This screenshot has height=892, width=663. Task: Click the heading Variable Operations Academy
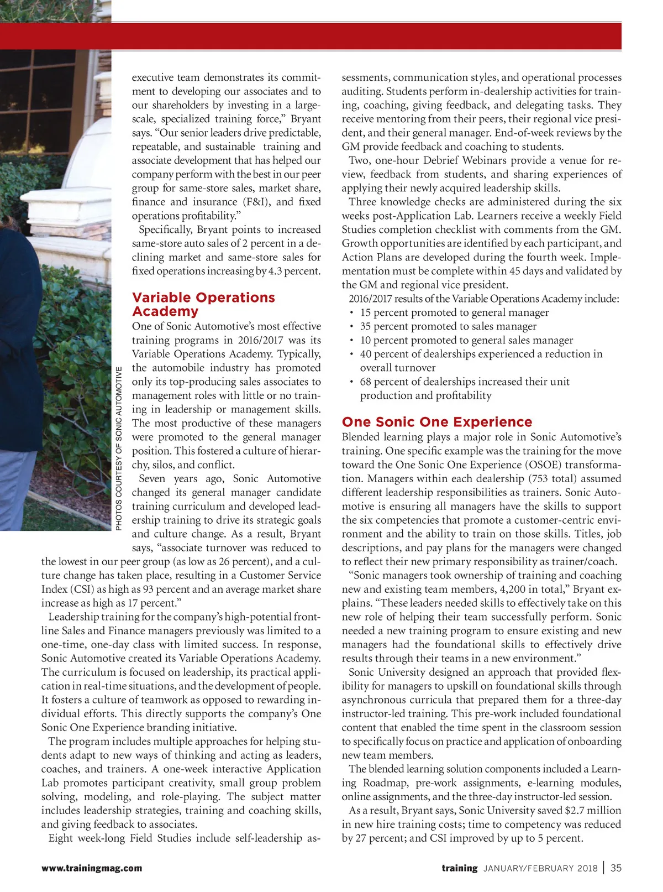[x=203, y=304]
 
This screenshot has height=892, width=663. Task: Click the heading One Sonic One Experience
[x=436, y=422]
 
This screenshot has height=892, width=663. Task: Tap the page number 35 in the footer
[x=616, y=868]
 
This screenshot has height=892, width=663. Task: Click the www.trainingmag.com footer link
[x=91, y=868]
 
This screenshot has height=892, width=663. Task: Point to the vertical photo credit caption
[x=119, y=448]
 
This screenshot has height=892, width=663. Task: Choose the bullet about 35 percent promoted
[x=448, y=326]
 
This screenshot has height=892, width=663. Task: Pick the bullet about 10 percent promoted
[x=466, y=340]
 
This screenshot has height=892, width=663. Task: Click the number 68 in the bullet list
[x=366, y=382]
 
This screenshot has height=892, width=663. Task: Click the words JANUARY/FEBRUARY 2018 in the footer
[x=540, y=868]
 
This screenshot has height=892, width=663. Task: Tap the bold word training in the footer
[x=459, y=868]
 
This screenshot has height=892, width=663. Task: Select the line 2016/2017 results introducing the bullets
[x=483, y=299]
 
